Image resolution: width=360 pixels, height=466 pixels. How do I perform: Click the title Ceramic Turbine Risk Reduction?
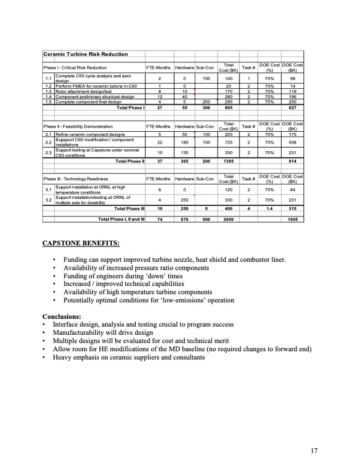(x=86, y=55)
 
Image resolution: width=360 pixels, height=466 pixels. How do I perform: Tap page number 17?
(x=314, y=451)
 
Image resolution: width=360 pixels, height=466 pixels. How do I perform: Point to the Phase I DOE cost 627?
(x=292, y=108)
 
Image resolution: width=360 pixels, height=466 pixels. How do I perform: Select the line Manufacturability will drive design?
(x=102, y=332)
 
